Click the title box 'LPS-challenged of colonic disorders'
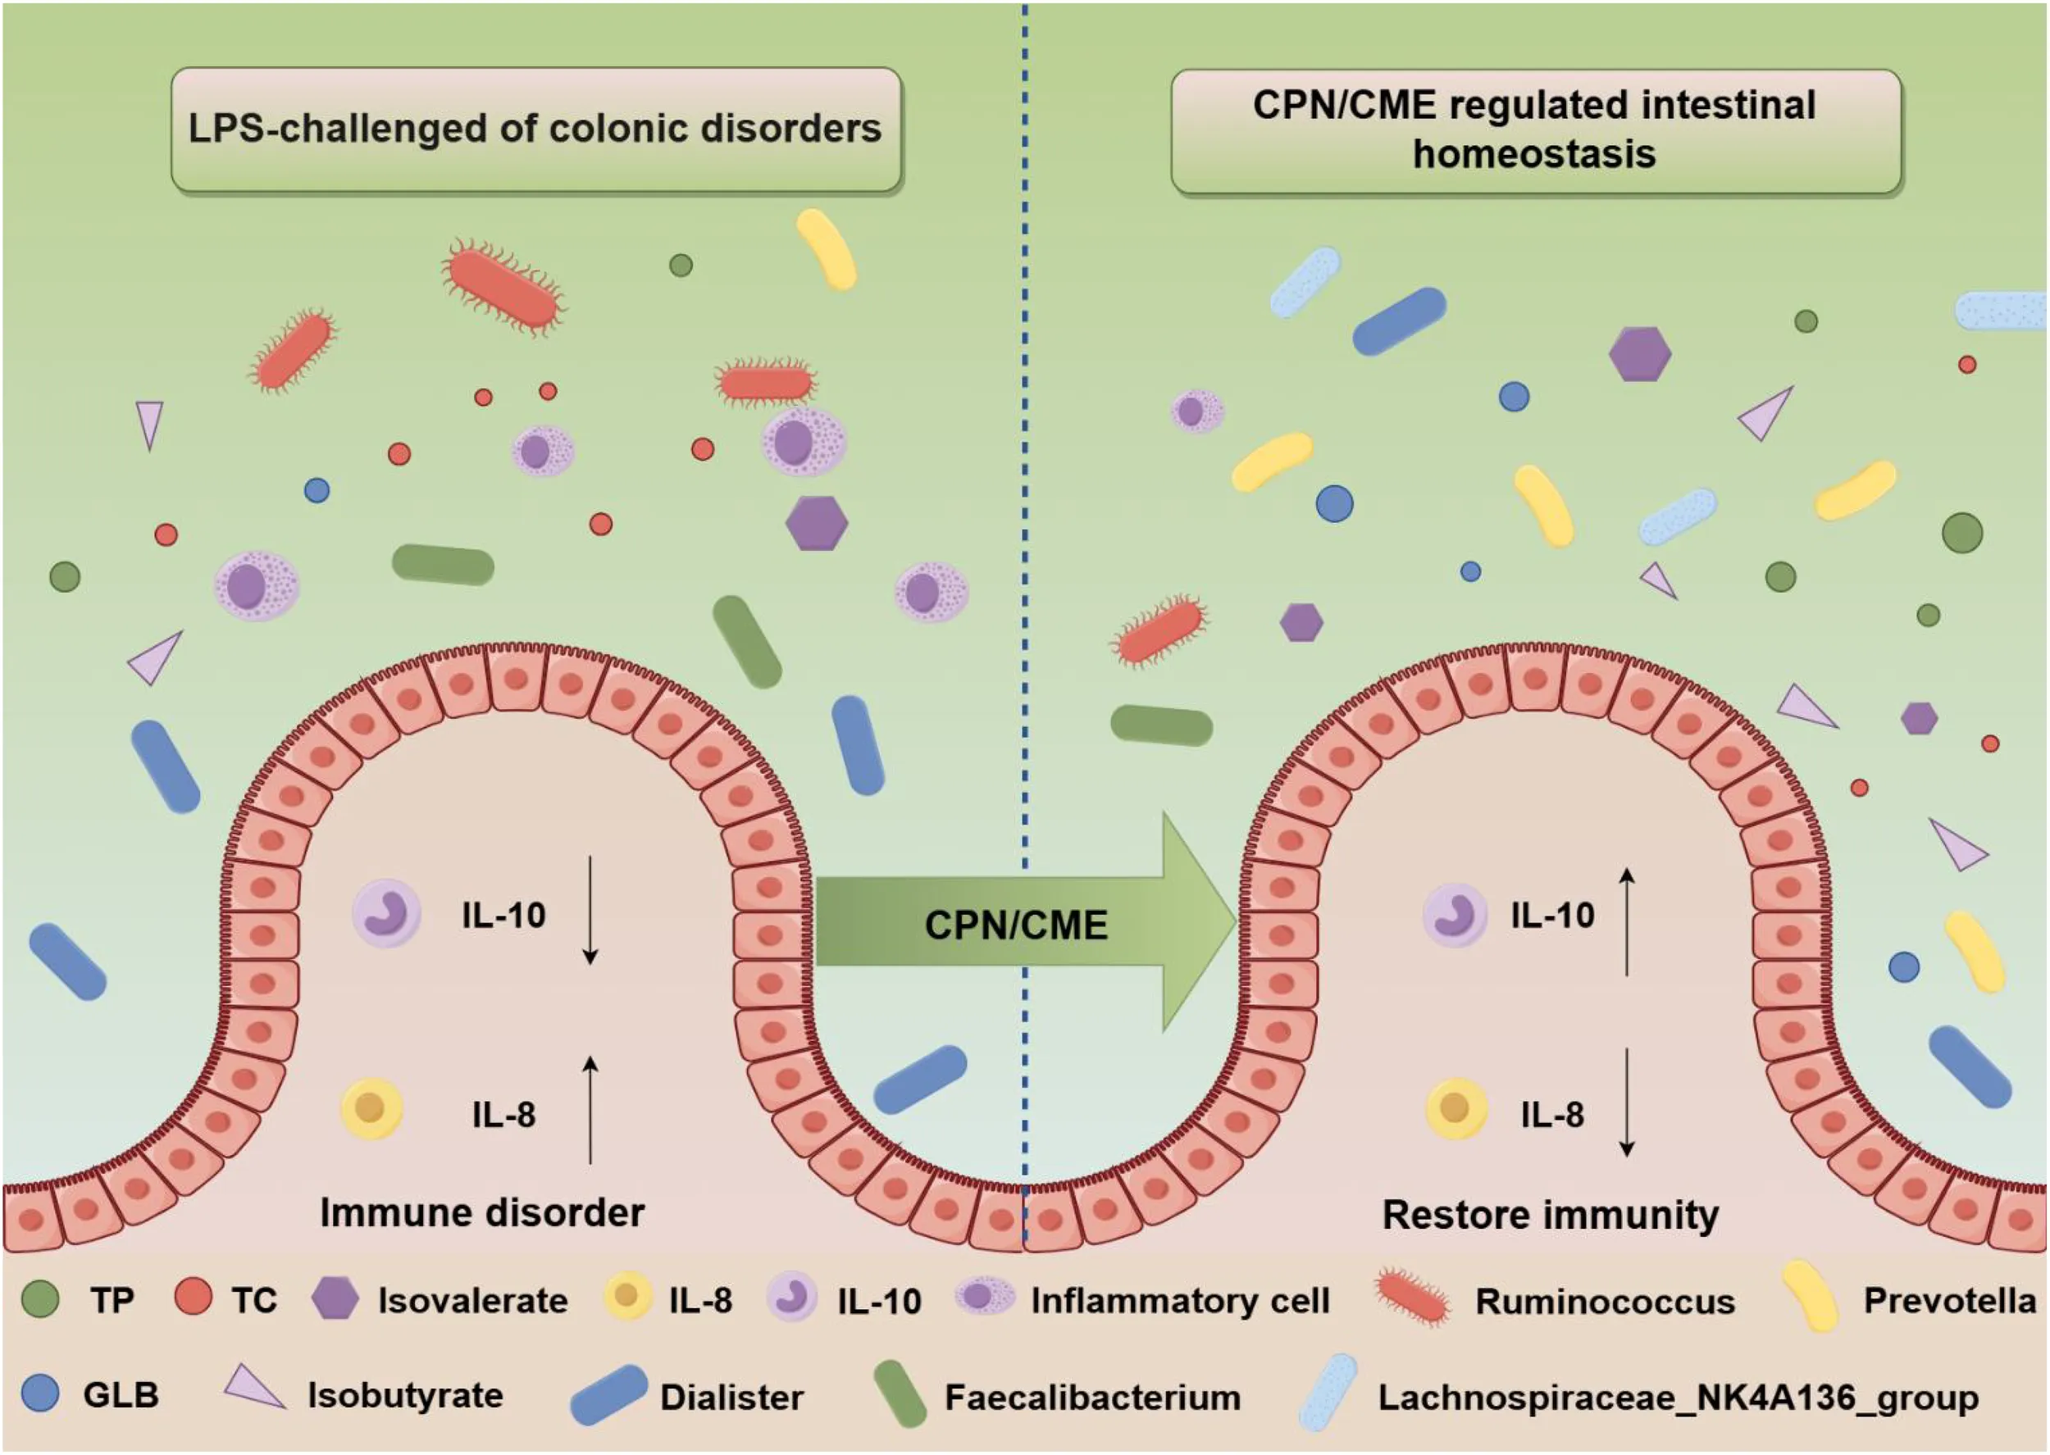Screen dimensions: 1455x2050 pyautogui.click(x=535, y=129)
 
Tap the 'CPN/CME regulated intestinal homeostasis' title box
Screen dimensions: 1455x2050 pyautogui.click(x=1535, y=131)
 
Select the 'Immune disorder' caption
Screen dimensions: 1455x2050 pyautogui.click(x=482, y=1213)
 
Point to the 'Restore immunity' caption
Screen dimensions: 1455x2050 pyautogui.click(x=1550, y=1215)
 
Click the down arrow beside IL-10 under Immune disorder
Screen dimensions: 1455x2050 pyautogui.click(x=590, y=910)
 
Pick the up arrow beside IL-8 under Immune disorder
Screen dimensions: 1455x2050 pyautogui.click(x=590, y=1109)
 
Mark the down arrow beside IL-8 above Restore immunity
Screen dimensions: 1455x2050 pyautogui.click(x=1627, y=1102)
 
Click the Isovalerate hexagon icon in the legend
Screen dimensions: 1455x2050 pyautogui.click(x=335, y=1298)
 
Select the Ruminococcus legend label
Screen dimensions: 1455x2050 pyautogui.click(x=1605, y=1301)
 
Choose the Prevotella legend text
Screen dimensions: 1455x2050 pyautogui.click(x=1950, y=1300)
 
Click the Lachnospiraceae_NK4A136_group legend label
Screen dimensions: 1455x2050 pyautogui.click(x=1677, y=1398)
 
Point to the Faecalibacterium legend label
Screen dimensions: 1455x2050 pyautogui.click(x=1092, y=1398)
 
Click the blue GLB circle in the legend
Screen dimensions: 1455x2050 pyautogui.click(x=40, y=1394)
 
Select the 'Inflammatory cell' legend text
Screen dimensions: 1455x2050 pyautogui.click(x=1180, y=1301)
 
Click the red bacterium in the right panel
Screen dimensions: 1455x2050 pyautogui.click(x=1159, y=630)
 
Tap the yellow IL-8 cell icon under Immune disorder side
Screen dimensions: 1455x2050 pyautogui.click(x=371, y=1109)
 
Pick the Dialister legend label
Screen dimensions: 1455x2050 pyautogui.click(x=731, y=1398)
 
